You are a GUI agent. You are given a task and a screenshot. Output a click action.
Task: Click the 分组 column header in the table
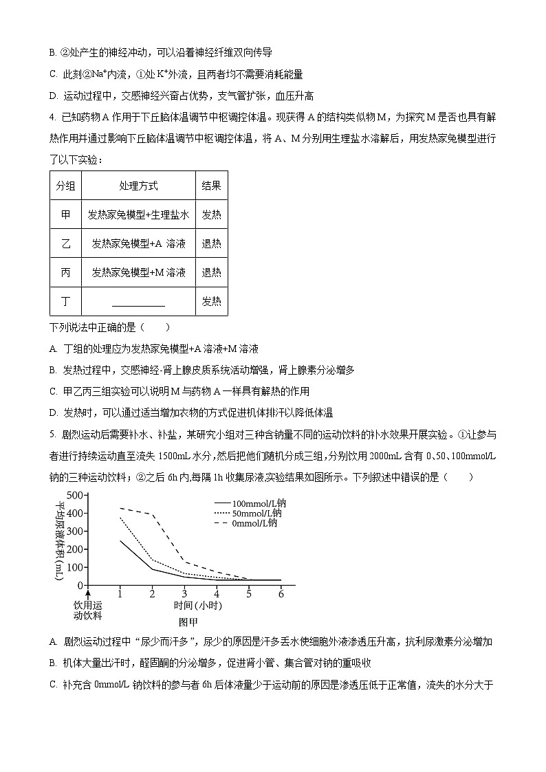(x=65, y=186)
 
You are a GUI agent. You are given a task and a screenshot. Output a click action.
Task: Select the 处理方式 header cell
(x=138, y=186)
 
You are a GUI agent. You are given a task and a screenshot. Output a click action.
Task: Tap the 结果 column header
(x=211, y=186)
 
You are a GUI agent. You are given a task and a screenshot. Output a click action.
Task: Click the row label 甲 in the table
(x=65, y=214)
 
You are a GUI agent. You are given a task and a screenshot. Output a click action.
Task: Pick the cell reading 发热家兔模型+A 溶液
(x=138, y=243)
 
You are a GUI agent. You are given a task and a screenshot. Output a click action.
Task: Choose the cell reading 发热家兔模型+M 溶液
(x=138, y=272)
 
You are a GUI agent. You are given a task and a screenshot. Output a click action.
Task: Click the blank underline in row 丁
(x=138, y=303)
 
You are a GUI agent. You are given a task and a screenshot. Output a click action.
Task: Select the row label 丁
(x=65, y=301)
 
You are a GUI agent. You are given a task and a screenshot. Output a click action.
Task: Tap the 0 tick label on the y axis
(x=80, y=585)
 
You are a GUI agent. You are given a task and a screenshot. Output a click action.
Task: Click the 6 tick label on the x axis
(x=281, y=593)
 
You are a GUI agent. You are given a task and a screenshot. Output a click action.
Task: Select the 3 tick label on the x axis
(x=184, y=593)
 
